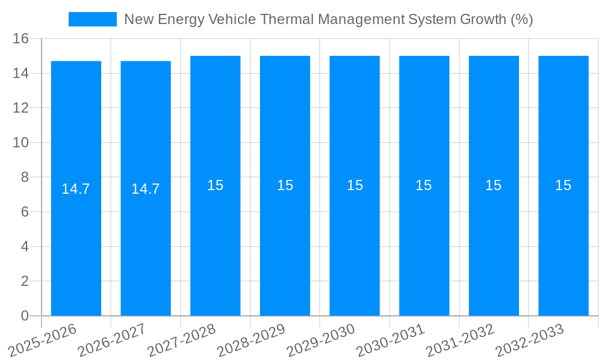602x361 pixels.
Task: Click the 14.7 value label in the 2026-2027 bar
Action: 145,189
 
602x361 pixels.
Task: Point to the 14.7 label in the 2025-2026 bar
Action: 76,189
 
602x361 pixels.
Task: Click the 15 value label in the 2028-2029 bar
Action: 285,185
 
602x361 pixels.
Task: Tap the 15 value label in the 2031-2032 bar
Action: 493,185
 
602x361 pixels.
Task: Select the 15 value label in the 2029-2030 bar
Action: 355,185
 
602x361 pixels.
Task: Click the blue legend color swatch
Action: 93,19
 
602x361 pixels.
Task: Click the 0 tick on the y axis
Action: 25,316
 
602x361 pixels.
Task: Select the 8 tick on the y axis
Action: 25,177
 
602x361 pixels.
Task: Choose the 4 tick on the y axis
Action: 25,247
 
